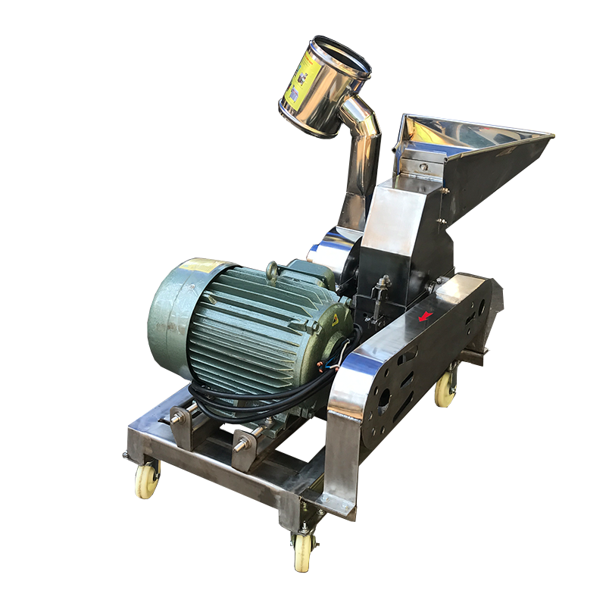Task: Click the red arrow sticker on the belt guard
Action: pos(426,315)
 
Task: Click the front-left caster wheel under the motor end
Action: pos(147,479)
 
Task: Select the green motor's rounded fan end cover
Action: pos(170,318)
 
